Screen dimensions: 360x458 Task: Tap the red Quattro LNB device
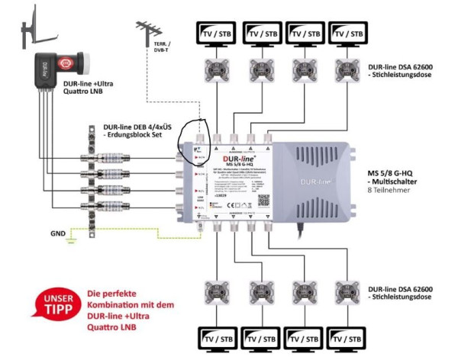(50, 68)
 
